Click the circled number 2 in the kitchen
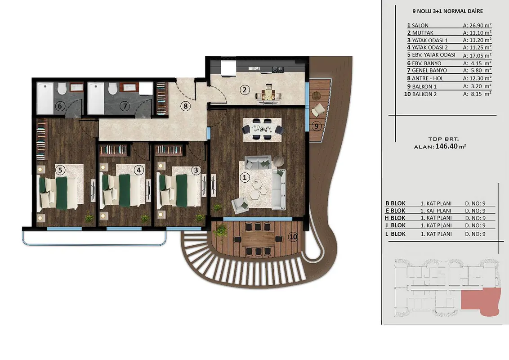[x=245, y=90]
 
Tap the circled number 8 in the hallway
[x=185, y=106]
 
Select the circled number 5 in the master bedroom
[x=60, y=170]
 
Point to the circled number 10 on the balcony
[x=293, y=237]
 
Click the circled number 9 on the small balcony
[x=317, y=126]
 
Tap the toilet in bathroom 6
[x=62, y=88]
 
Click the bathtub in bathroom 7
[x=96, y=98]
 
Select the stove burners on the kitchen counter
[x=277, y=69]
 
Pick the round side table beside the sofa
[x=278, y=161]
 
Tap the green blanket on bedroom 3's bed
[x=182, y=190]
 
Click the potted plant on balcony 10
[x=221, y=230]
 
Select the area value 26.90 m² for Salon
[x=477, y=25]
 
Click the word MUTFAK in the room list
[x=423, y=33]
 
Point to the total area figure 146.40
[x=446, y=146]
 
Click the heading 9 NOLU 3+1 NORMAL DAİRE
[x=448, y=11]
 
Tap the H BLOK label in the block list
[x=395, y=218]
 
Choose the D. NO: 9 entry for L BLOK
[x=475, y=234]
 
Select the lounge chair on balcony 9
[x=318, y=109]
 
